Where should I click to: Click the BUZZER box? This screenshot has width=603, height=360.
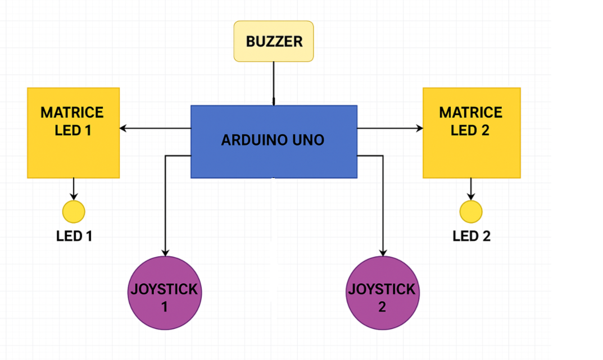coord(274,41)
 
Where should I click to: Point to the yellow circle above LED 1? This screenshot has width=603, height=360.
coord(74,212)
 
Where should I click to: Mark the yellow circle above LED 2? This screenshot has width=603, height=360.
coord(471,212)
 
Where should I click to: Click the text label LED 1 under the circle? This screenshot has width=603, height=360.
coord(74,236)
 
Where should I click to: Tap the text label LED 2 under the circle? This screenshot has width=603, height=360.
coord(471,236)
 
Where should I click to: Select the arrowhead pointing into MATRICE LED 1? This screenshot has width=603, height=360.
coord(124,129)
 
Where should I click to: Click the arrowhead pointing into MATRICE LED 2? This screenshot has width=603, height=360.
coord(419,129)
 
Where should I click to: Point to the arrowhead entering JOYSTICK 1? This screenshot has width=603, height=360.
coord(165,252)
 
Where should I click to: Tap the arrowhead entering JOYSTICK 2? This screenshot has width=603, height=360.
coord(383,252)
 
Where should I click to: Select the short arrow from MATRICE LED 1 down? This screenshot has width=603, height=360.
coord(74,189)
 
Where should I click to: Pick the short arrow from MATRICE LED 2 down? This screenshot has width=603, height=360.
coord(471,189)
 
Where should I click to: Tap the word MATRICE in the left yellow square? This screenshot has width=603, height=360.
coord(72,112)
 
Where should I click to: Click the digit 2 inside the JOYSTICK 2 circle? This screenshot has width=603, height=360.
coord(382,307)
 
